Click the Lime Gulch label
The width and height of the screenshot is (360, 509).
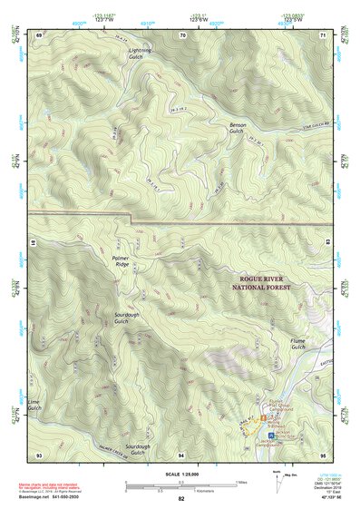click(34, 405)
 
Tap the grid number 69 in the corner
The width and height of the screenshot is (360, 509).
click(39, 34)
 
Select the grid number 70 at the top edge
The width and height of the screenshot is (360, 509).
click(182, 34)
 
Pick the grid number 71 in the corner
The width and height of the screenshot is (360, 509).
click(322, 34)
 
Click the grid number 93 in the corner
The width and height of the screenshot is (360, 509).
click(39, 453)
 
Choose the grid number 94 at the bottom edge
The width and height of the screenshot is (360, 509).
click(181, 453)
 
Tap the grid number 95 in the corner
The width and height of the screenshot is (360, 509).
click(322, 453)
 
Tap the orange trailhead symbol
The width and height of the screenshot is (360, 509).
click(264, 416)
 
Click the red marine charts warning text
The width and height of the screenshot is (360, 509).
click(45, 486)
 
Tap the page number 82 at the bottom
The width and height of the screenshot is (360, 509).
click(180, 498)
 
